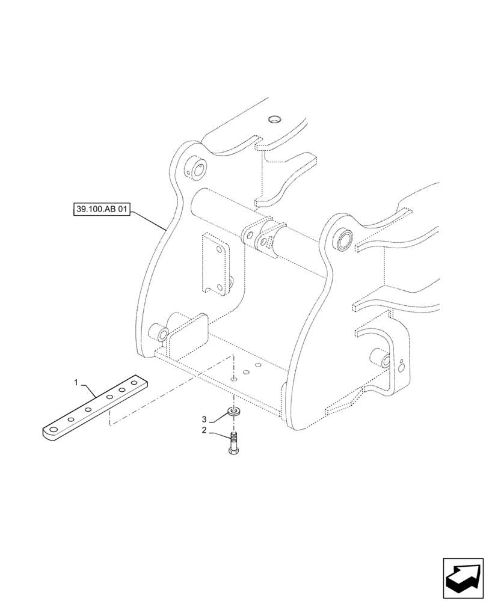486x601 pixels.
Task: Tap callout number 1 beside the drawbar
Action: pyautogui.click(x=76, y=382)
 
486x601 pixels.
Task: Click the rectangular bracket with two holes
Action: pyautogui.click(x=215, y=265)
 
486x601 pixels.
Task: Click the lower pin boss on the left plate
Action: pyautogui.click(x=161, y=331)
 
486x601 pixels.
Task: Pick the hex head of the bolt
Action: pyautogui.click(x=233, y=449)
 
